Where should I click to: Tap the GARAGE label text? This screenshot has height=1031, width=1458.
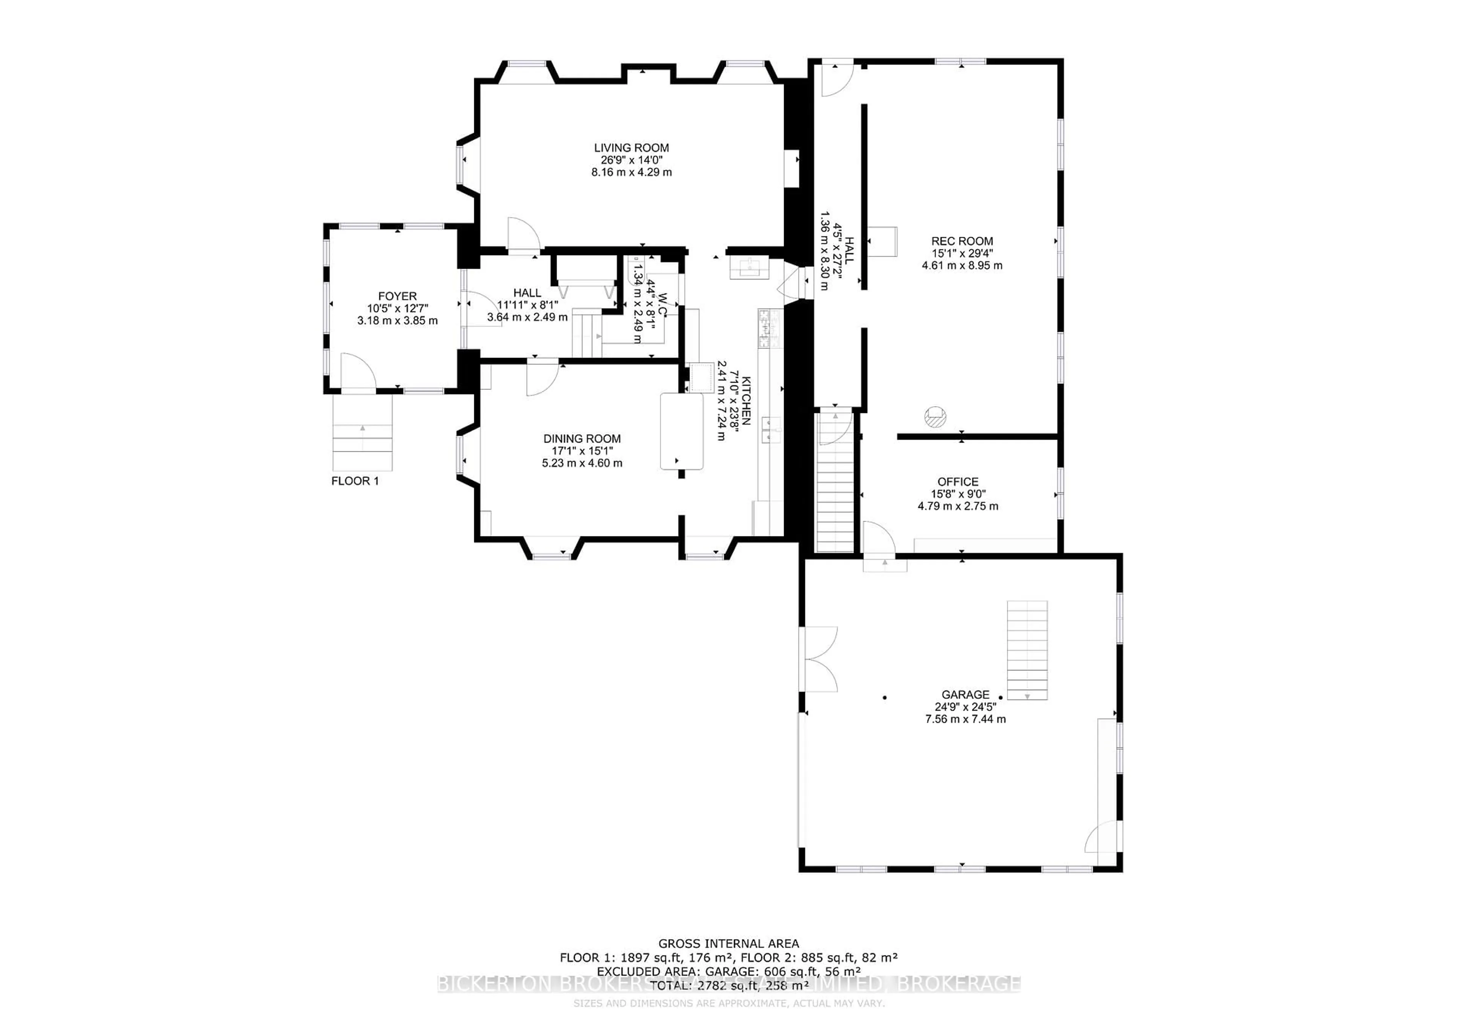click(x=965, y=695)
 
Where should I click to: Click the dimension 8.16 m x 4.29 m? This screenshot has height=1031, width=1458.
click(x=631, y=172)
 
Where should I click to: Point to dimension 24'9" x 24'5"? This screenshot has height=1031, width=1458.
click(x=965, y=706)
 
